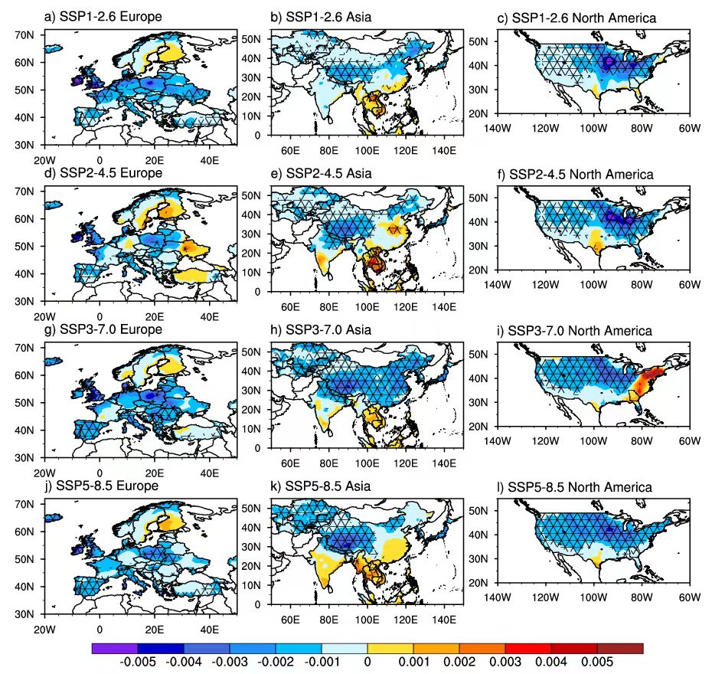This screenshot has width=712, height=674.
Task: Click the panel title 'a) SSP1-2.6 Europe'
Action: (x=103, y=17)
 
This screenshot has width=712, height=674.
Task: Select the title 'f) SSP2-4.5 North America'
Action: (x=575, y=175)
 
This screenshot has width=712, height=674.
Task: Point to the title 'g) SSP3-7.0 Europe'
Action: (x=103, y=329)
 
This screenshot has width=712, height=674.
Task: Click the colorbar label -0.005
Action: (x=138, y=662)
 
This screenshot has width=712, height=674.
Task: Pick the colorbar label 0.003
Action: (x=505, y=662)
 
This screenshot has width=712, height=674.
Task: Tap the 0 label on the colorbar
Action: (x=367, y=662)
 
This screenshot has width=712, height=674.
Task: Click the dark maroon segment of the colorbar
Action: (x=620, y=648)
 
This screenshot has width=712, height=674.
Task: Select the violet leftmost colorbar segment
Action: (x=114, y=648)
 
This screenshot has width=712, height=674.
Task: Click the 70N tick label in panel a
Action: (x=24, y=35)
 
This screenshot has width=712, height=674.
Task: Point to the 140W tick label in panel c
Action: (x=497, y=128)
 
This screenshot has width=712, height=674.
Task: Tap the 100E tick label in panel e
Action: (x=367, y=307)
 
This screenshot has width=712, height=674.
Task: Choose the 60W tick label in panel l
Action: (x=689, y=597)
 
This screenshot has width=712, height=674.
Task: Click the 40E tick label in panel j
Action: (x=209, y=630)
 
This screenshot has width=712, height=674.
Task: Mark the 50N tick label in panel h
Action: (x=251, y=352)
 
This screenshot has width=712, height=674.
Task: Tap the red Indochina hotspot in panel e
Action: (x=374, y=263)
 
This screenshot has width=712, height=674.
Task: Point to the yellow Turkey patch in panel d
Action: (x=194, y=274)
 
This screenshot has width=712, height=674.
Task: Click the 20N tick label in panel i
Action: (x=478, y=427)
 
